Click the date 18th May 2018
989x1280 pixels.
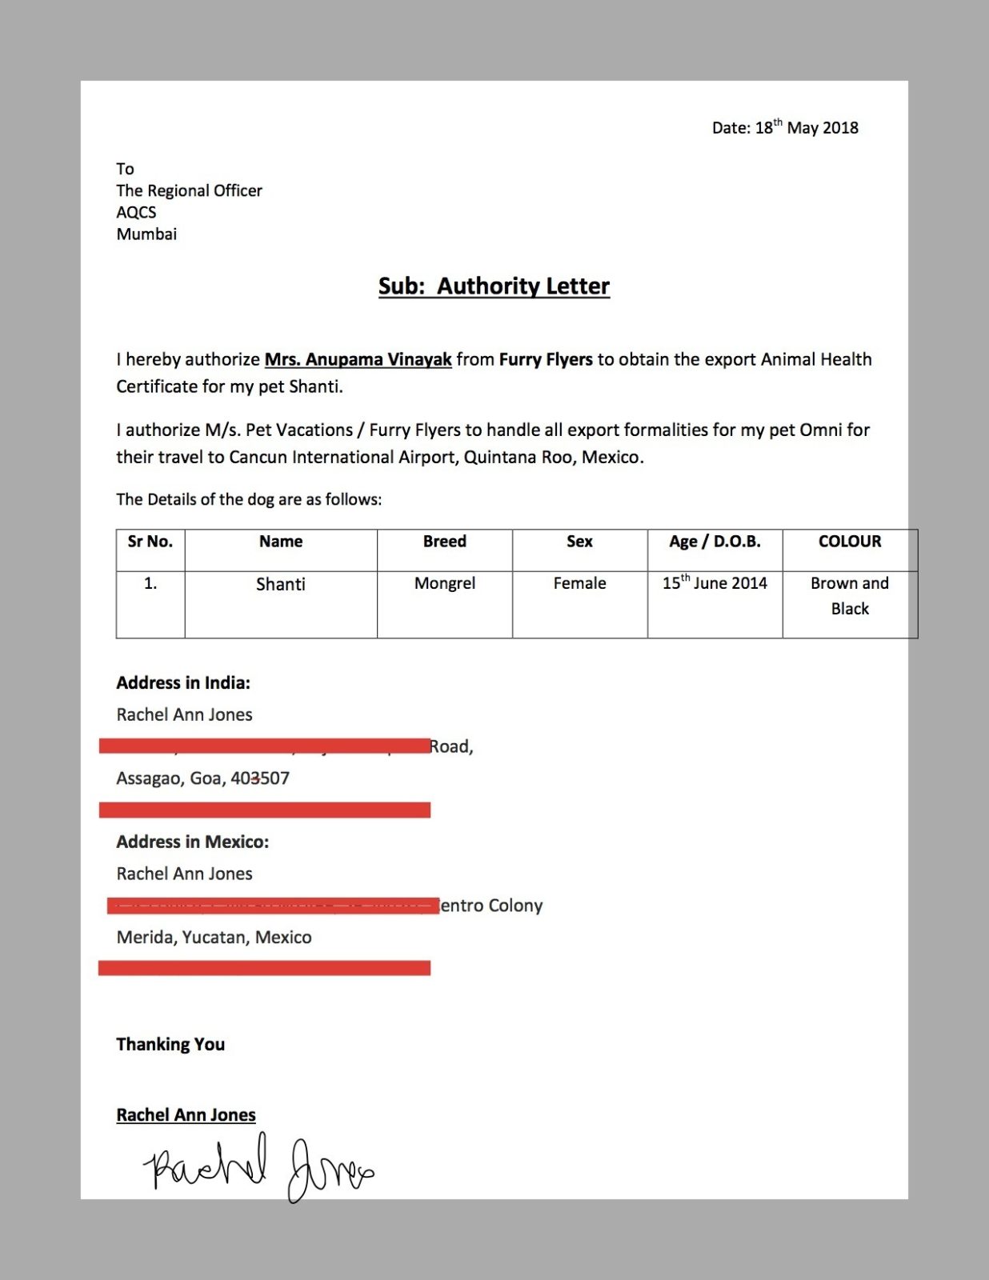(x=807, y=128)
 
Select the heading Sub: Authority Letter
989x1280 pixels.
(x=494, y=286)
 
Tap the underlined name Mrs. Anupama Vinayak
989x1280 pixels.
(x=358, y=359)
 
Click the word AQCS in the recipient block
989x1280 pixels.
(x=136, y=212)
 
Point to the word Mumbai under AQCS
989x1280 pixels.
(x=146, y=234)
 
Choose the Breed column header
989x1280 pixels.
(x=444, y=542)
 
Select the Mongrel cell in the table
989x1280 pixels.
(x=444, y=583)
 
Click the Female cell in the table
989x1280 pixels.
(x=579, y=583)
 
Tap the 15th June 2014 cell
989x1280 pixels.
(x=715, y=583)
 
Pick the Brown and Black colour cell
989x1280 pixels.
(x=850, y=596)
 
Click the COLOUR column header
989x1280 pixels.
(x=850, y=542)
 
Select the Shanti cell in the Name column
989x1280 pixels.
(x=280, y=584)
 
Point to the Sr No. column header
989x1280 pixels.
(x=150, y=542)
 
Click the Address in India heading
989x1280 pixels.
(x=183, y=683)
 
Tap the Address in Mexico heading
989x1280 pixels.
(x=193, y=842)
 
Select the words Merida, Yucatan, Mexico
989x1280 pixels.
(x=214, y=938)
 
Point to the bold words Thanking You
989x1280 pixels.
(x=170, y=1044)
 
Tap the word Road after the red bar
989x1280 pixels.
(x=450, y=746)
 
